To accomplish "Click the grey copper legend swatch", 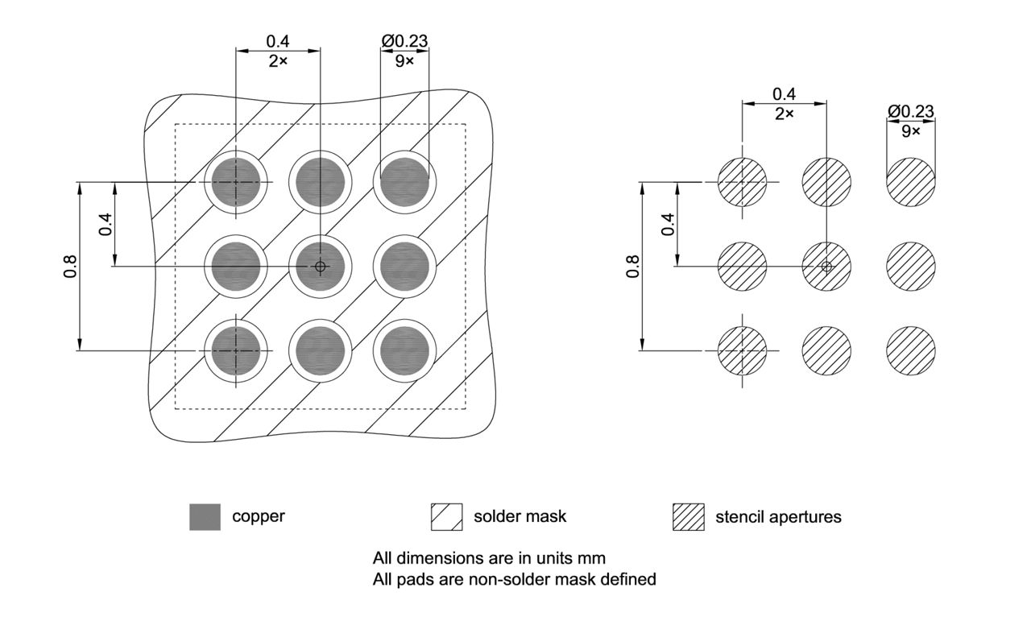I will point(205,516).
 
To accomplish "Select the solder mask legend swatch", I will point(447,516).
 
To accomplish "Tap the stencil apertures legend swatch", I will point(688,516).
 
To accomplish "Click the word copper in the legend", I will point(259,516).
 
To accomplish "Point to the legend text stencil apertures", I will point(778,517).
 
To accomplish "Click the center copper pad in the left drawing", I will point(321,267).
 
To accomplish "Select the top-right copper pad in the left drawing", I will point(405,183).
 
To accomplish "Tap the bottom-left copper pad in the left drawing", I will point(236,351).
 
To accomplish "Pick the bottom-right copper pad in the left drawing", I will point(405,351).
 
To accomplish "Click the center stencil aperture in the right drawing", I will point(826,267).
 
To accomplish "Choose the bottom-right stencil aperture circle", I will point(911,351).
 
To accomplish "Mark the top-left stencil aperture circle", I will point(742,183).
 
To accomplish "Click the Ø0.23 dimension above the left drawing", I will point(404,41).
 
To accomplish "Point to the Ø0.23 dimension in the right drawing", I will point(911,111).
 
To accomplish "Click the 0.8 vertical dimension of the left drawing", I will point(69,266).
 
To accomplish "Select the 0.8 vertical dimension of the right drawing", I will point(632,266).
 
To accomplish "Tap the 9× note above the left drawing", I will point(404,61).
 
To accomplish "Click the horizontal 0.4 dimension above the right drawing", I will point(784,94).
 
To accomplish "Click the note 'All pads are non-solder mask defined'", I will point(514,579).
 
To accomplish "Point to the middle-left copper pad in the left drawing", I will point(236,267).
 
